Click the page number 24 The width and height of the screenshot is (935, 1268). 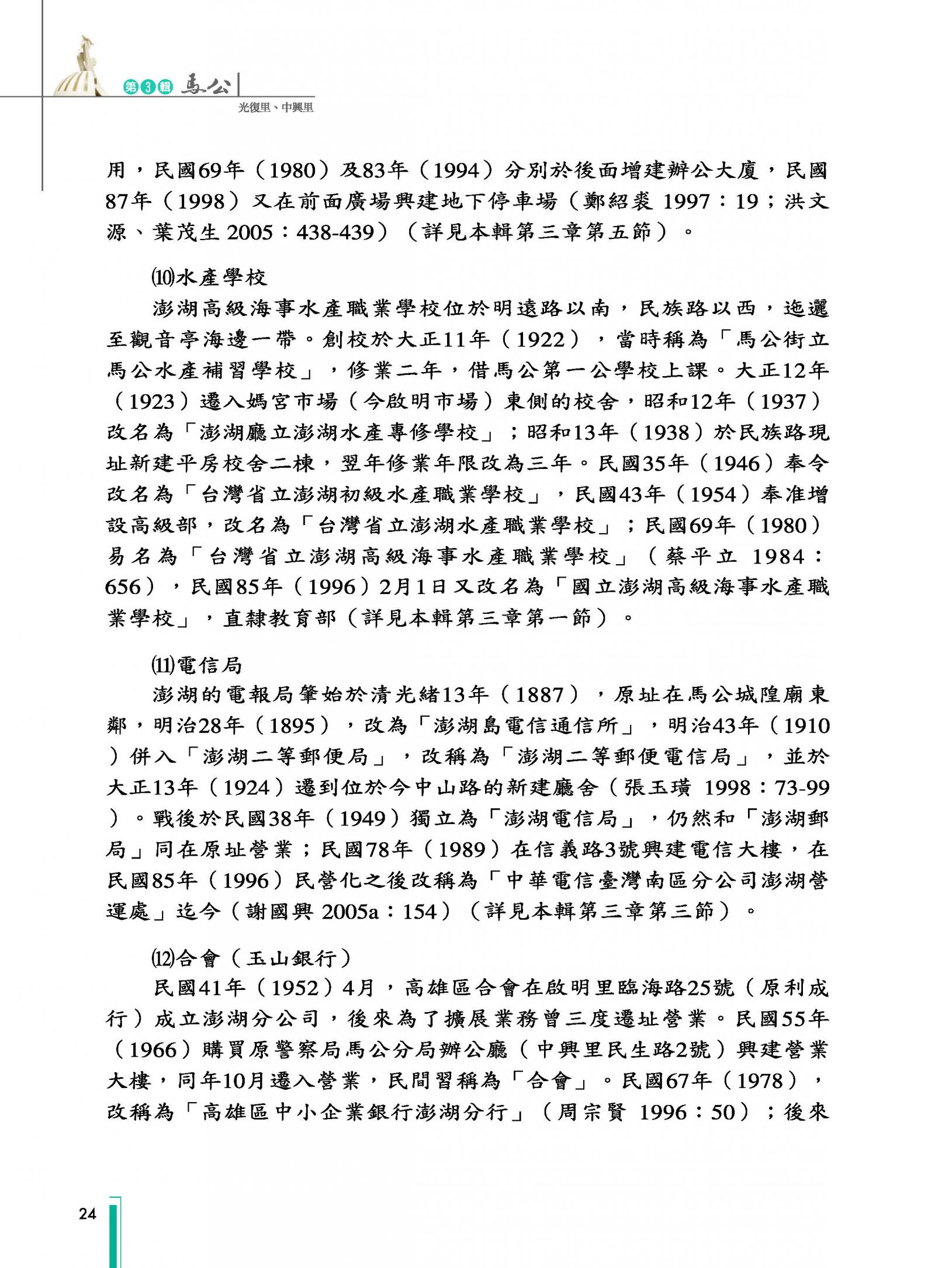(x=87, y=1214)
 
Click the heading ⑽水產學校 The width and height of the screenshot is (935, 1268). (x=209, y=277)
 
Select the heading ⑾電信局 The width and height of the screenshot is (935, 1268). (x=196, y=665)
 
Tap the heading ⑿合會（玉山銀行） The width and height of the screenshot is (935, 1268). (x=251, y=958)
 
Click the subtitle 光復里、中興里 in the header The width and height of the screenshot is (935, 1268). (x=276, y=107)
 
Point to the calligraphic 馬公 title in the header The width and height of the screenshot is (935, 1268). (x=206, y=85)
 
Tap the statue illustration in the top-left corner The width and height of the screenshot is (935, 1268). (x=80, y=67)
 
